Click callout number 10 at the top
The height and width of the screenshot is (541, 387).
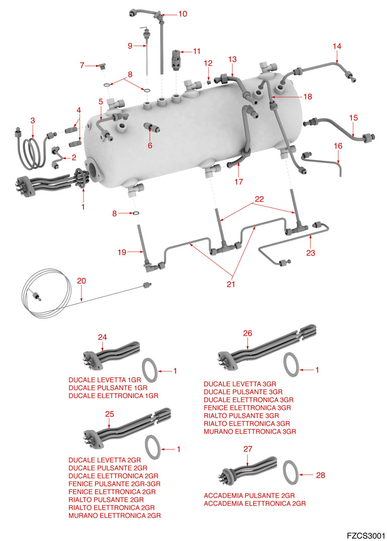click(182, 14)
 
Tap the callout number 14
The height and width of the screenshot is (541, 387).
click(337, 46)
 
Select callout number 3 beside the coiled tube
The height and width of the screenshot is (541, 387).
click(33, 120)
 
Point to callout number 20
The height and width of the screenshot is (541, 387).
click(81, 280)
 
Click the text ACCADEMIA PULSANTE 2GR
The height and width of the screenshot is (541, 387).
click(249, 496)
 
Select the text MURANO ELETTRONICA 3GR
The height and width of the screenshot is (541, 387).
click(250, 432)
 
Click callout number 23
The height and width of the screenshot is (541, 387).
click(311, 253)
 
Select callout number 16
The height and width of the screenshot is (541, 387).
click(338, 146)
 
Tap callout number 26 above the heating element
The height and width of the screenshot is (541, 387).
click(247, 333)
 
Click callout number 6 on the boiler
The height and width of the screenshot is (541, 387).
click(149, 145)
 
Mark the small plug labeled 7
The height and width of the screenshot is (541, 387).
click(102, 66)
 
